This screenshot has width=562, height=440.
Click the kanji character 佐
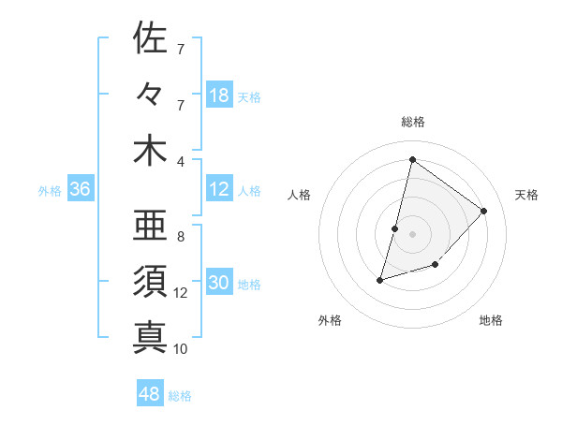tap(151, 39)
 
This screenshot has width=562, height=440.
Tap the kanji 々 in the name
tap(151, 95)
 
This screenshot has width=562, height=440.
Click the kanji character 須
tap(151, 281)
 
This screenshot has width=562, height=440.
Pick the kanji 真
tap(151, 337)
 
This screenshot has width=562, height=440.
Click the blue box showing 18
tap(219, 95)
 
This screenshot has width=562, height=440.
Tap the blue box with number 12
tap(219, 190)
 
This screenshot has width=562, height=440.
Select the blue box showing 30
tap(219, 284)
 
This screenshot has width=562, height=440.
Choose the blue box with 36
tap(81, 190)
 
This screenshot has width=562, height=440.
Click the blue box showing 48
tap(150, 394)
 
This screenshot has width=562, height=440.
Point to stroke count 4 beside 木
tap(181, 160)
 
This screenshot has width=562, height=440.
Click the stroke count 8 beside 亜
tap(181, 237)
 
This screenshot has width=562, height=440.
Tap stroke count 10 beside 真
tap(181, 349)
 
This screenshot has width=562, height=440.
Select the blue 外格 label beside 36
tap(50, 191)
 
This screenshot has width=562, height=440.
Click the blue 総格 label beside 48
tap(180, 396)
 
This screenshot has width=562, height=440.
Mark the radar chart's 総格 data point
tap(412, 159)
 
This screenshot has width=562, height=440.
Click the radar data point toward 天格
tap(484, 211)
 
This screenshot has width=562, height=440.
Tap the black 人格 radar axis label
tap(299, 195)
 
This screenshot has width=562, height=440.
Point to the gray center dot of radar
tap(412, 234)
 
